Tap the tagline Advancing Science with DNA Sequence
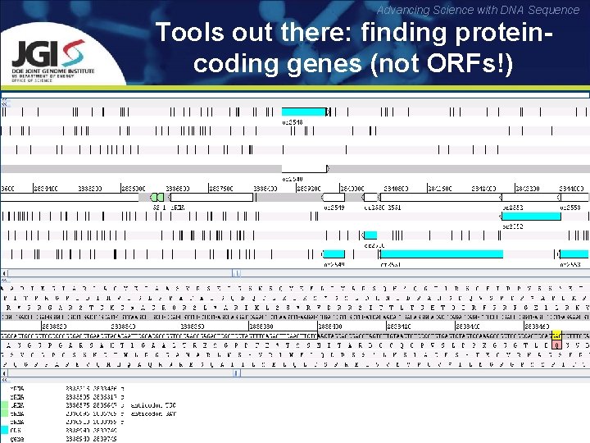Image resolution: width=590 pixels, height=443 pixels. tap(489, 10)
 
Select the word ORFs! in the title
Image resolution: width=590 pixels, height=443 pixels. tap(465, 63)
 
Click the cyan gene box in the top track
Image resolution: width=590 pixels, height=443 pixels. tap(303, 112)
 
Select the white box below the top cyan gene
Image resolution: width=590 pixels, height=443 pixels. tap(304, 168)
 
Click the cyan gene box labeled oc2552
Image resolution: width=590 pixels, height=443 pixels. tap(530, 216)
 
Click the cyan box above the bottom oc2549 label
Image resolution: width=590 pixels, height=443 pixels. tap(334, 254)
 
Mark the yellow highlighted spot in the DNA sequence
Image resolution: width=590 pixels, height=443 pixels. tap(556, 335)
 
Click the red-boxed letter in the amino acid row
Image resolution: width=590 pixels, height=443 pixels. tap(556, 345)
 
